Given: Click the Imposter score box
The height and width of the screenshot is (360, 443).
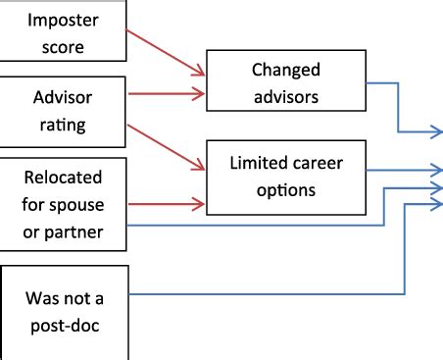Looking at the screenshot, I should pos(64,32).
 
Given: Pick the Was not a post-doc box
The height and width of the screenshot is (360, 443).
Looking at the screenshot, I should pos(64,307).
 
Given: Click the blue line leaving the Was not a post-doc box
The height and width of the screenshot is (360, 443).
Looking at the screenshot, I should pos(265,293).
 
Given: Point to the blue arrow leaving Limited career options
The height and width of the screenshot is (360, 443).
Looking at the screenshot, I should pos(402,170).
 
